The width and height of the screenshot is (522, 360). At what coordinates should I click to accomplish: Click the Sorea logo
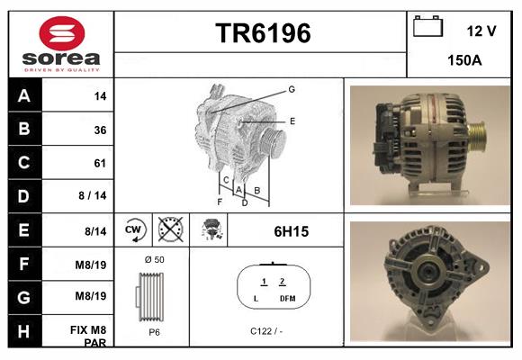(61, 44)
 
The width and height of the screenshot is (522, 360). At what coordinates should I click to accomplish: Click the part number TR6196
(262, 34)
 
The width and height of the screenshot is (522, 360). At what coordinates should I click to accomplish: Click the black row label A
(24, 95)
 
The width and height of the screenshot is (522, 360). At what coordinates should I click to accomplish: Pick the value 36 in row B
(100, 130)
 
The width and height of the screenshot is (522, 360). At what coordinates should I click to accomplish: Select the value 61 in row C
(100, 164)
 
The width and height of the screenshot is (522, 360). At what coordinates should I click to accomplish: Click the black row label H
(24, 332)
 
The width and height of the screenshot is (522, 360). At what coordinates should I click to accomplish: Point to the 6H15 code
(291, 231)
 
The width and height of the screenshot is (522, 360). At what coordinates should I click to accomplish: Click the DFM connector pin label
(286, 298)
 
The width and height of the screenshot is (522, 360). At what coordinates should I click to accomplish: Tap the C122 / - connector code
(265, 331)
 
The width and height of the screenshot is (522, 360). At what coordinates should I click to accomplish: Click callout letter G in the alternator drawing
(291, 89)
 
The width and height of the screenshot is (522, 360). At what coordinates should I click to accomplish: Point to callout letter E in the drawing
(292, 120)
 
